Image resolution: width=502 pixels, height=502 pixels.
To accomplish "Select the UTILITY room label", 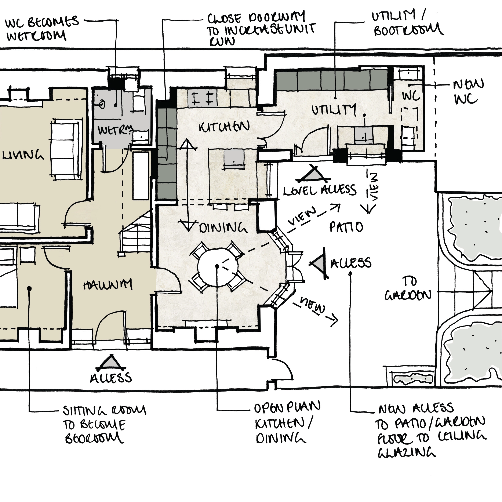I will pos(333,110).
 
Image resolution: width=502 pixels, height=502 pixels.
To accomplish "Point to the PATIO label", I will pos(346,227).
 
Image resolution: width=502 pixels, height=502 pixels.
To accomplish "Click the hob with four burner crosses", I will pos(202,98).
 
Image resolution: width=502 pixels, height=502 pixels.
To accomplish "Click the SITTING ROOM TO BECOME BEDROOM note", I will pos(104,424).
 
